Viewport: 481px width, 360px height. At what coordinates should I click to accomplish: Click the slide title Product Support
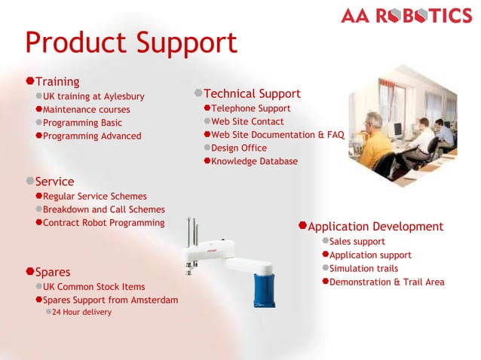[130, 43]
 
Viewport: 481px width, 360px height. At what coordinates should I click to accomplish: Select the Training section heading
[57, 81]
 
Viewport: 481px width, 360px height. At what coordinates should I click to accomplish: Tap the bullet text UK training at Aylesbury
[93, 96]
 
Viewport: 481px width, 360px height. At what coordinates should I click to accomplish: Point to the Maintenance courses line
[86, 110]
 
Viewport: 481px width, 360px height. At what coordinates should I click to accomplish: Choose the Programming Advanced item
[92, 136]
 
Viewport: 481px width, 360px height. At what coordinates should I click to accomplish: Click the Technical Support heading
[252, 94]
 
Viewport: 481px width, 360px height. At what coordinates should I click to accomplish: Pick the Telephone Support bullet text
[250, 108]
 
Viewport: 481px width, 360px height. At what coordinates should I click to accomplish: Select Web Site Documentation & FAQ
[277, 135]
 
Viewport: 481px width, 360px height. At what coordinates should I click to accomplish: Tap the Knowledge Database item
[254, 161]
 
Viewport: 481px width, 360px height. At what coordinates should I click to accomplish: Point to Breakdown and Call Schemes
[103, 209]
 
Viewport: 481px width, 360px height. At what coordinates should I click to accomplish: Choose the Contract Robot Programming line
[103, 223]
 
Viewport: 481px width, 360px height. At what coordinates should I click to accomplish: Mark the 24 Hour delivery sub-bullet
[81, 312]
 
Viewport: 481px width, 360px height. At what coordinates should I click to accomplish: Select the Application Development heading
[375, 227]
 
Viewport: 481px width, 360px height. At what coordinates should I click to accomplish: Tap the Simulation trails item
[363, 269]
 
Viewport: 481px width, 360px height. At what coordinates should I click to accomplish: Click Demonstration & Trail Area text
[387, 282]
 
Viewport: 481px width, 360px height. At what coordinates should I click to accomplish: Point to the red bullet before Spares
[30, 271]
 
